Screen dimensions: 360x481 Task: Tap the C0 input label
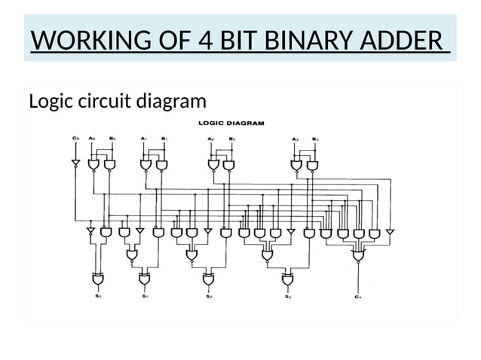coord(75,139)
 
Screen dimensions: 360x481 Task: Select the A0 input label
coord(92,139)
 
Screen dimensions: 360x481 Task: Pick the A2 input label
coord(212,139)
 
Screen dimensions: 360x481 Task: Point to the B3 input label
coord(315,139)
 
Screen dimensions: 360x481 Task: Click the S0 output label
coord(98,297)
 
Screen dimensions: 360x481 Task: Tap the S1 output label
coord(144,297)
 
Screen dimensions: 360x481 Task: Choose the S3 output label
coord(288,297)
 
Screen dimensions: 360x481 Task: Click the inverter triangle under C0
coord(75,163)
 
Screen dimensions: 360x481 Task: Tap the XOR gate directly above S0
coord(98,279)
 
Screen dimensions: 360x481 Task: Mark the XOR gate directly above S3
coord(288,279)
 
